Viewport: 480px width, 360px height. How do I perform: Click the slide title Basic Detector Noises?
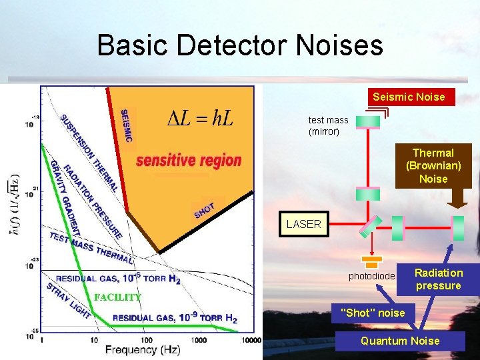240,45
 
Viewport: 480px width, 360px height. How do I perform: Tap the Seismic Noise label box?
409,97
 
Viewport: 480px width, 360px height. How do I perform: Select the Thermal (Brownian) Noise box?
433,166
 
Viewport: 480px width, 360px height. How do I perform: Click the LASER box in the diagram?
303,225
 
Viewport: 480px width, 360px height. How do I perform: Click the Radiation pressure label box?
438,279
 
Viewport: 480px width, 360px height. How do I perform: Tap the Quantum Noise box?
399,341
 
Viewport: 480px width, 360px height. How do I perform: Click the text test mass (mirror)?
328,126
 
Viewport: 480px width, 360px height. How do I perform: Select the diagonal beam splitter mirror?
371,226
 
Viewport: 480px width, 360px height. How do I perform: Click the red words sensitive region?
189,161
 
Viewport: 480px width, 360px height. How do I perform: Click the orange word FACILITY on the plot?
117,297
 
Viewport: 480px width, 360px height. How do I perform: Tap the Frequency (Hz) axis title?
143,350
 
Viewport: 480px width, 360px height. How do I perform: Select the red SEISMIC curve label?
125,126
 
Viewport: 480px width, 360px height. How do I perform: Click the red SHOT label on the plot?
204,211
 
